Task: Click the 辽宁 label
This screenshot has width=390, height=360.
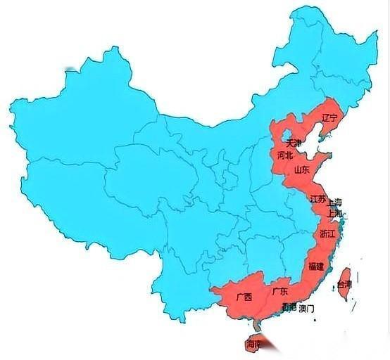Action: tap(329, 117)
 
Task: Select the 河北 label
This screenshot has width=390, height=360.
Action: tap(284, 155)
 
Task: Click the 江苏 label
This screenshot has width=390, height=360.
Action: tap(317, 200)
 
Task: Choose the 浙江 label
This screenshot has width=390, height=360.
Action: tap(327, 233)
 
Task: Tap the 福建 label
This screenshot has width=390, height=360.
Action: tap(316, 266)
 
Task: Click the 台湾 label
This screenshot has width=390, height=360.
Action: tap(344, 285)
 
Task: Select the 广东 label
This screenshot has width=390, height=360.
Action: tap(280, 291)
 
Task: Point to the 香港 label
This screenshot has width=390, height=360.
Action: tap(289, 308)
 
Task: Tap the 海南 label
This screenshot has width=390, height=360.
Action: tap(253, 345)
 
